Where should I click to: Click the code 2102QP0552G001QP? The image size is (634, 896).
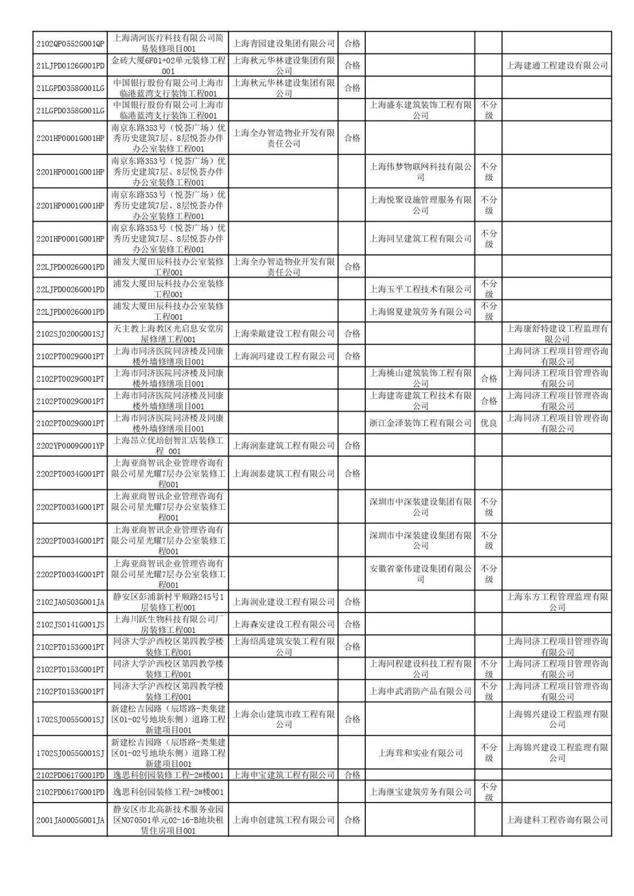[x=70, y=43]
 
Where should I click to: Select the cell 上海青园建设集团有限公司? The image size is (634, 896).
[x=284, y=43]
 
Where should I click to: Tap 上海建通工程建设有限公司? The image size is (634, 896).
[x=557, y=65]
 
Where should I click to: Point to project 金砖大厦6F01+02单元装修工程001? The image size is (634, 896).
[x=168, y=65]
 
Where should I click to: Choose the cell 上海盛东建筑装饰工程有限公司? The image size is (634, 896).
[x=420, y=110]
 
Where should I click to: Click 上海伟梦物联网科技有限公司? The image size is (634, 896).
[x=420, y=171]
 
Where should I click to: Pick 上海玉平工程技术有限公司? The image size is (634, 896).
[x=420, y=289]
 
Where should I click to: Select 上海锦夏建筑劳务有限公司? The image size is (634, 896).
[x=420, y=311]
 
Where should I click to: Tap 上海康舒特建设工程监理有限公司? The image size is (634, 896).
[x=557, y=334]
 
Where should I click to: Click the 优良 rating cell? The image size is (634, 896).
[x=488, y=423]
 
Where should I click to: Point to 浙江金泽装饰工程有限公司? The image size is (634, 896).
[x=420, y=423]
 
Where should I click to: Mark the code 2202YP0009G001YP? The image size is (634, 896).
[x=70, y=446]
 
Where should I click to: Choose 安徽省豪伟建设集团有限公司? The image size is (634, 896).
[x=420, y=574]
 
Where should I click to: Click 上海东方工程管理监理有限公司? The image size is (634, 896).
[x=557, y=602]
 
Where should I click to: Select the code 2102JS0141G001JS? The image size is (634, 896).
[x=70, y=624]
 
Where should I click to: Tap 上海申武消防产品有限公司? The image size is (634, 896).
[x=420, y=691]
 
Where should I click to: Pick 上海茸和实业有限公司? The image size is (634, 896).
[x=420, y=753]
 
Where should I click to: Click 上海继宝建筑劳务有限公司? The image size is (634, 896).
[x=420, y=791]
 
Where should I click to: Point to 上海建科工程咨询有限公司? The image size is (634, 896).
[x=557, y=820]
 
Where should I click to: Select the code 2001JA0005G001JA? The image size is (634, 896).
[x=70, y=820]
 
